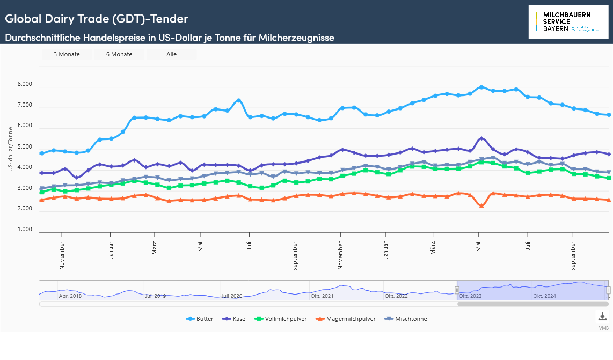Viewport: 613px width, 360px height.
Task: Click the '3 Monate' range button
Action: (x=67, y=54)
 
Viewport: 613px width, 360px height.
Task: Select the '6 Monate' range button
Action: (x=119, y=54)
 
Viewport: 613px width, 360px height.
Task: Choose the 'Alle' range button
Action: (x=172, y=54)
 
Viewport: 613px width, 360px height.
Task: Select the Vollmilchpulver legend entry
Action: (x=282, y=319)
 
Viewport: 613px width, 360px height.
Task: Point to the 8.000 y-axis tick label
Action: (x=25, y=85)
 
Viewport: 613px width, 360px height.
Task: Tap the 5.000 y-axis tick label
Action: (x=25, y=147)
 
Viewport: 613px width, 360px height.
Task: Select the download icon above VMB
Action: (x=603, y=317)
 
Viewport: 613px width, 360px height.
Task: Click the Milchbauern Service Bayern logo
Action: (x=568, y=21)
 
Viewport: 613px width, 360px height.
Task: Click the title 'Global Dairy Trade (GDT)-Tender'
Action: (x=97, y=19)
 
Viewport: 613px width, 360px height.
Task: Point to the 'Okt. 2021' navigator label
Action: (x=322, y=296)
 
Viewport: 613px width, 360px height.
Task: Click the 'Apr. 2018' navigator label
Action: (x=70, y=296)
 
